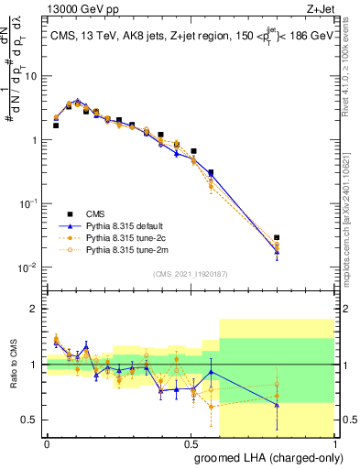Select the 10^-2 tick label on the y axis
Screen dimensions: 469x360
30,267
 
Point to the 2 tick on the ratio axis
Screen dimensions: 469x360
37,309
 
